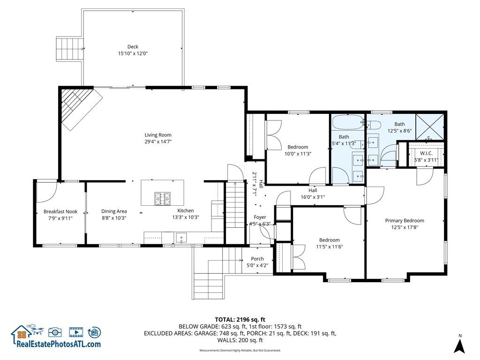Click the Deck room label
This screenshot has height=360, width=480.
(x=133, y=46)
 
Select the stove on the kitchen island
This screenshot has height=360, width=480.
(x=162, y=199)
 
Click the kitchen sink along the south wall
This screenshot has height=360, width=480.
(x=181, y=239)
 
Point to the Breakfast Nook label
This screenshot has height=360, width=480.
(x=60, y=211)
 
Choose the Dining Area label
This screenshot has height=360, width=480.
(x=114, y=211)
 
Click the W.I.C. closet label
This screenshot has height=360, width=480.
(x=426, y=153)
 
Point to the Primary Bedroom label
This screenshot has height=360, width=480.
(x=405, y=221)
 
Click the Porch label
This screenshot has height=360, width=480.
(x=257, y=259)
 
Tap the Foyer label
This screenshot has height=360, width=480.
(x=260, y=217)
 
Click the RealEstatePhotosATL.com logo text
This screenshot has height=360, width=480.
(x=59, y=344)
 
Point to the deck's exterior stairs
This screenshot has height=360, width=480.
(x=69, y=48)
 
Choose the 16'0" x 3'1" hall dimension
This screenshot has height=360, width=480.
(x=313, y=197)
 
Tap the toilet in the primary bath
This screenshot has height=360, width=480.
(x=375, y=125)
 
